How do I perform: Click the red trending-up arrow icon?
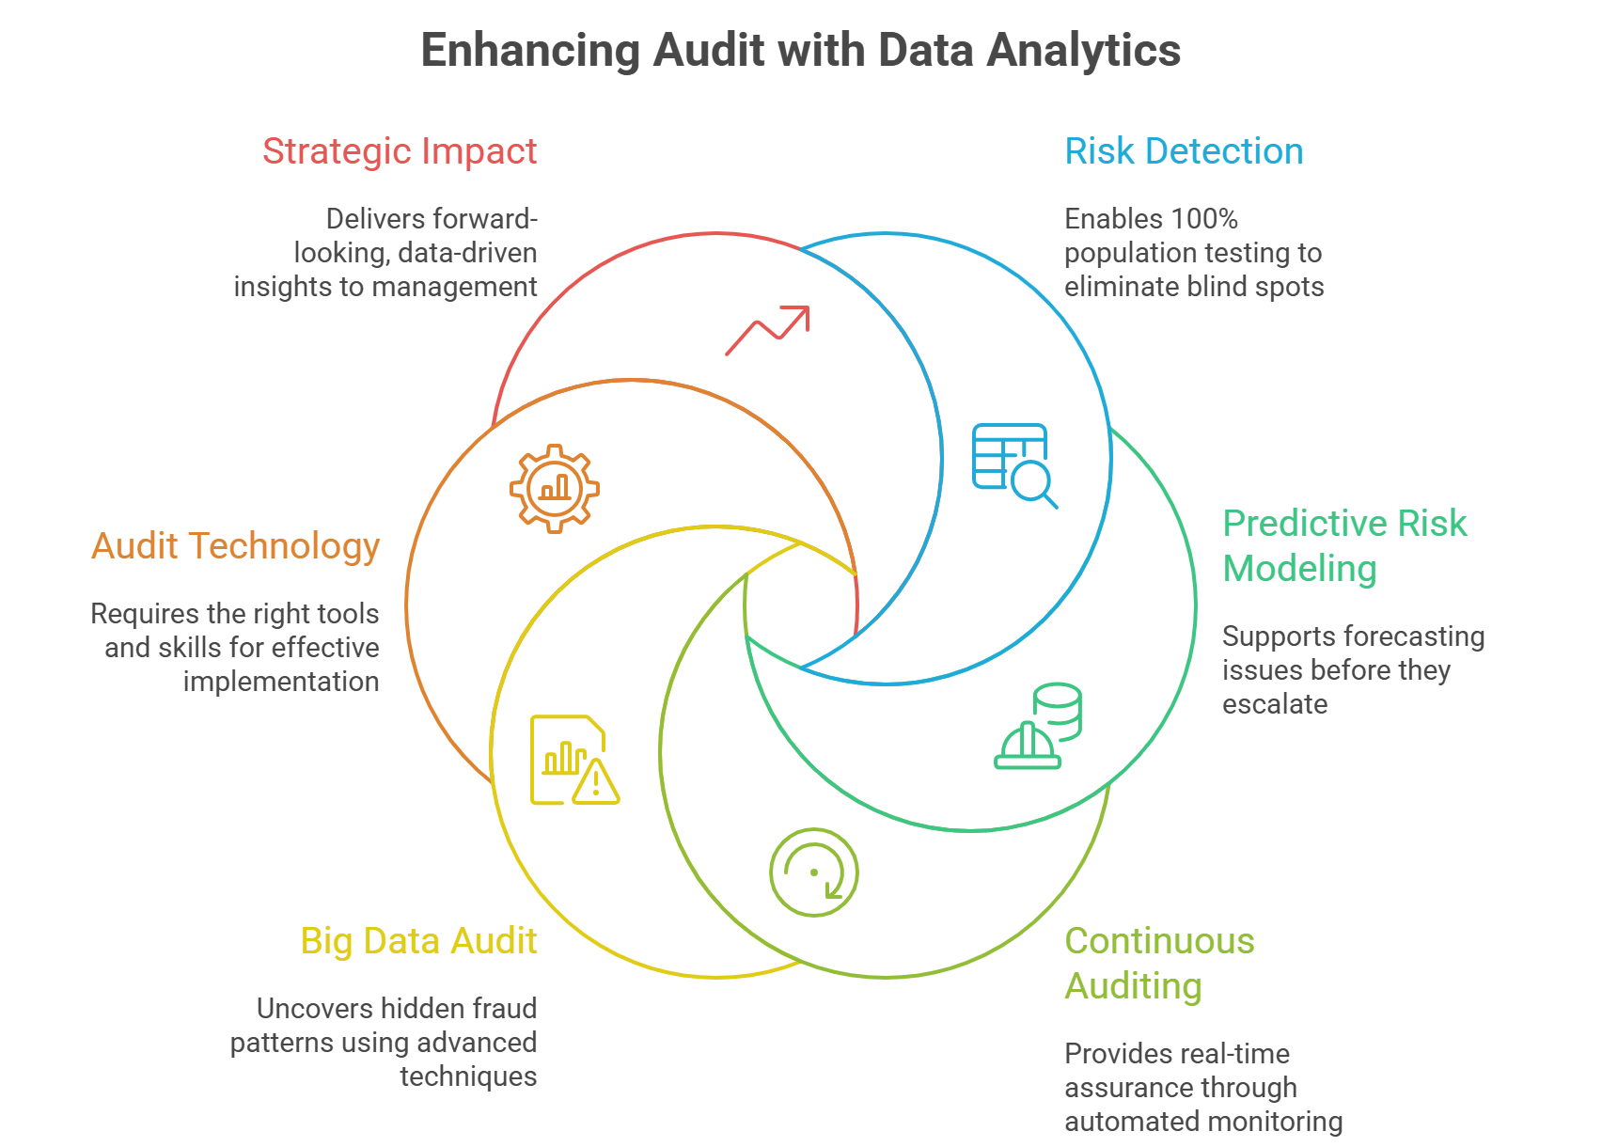coord(767,330)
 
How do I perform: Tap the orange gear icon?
coord(555,488)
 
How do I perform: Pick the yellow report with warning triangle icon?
coord(573,761)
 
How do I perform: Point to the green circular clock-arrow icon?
coord(814,872)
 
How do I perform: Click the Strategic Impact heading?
coord(400,151)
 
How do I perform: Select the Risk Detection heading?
coord(1184,151)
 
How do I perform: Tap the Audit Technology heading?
coord(235,546)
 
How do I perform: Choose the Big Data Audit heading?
coord(418,941)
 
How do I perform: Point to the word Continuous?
coord(1159,941)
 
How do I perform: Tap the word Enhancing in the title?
coord(530,51)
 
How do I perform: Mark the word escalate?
coord(1275,704)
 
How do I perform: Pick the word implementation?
coord(281,682)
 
